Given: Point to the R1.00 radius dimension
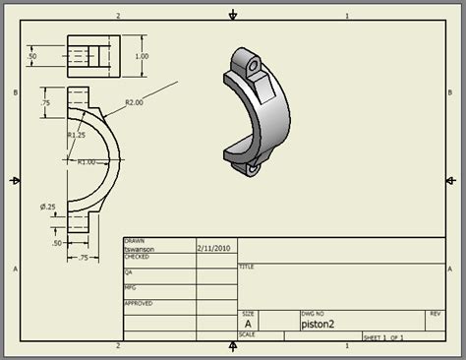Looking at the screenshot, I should coord(86,161).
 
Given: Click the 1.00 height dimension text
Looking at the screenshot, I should coord(143,56).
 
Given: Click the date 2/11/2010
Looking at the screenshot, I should coord(213,249).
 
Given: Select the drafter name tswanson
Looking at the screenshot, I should coord(139,249).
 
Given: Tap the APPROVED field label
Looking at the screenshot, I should coord(139,303).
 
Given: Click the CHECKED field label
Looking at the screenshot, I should coord(137,257).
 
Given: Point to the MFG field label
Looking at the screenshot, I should coord(130,288).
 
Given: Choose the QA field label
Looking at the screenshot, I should coord(128,272).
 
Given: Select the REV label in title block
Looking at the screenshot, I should coord(435,313).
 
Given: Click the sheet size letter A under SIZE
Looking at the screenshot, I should coord(248,323).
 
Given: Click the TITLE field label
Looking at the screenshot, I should coord(247,266).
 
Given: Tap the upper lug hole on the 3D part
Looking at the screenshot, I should coord(255,66).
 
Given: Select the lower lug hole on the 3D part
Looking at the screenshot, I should coord(255,169).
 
